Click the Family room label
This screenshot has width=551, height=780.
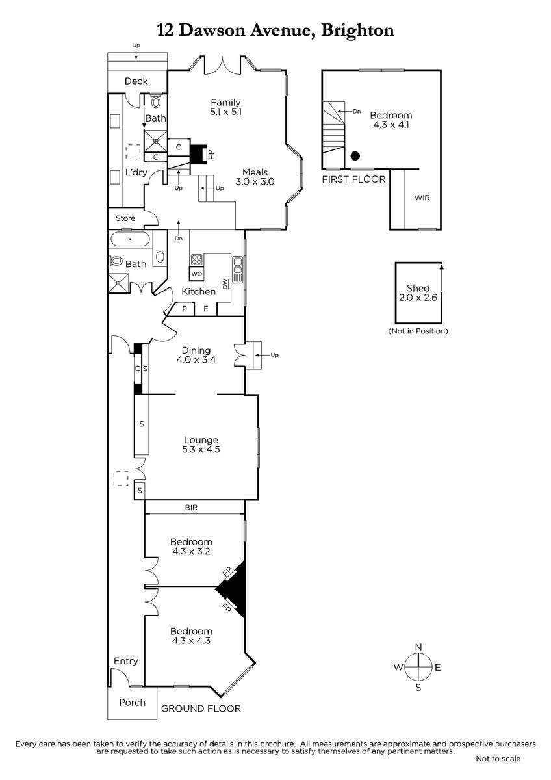(225, 107)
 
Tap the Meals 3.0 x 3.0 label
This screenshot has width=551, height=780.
(255, 177)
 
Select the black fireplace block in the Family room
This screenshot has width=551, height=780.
(198, 154)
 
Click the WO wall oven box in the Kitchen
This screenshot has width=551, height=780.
(197, 274)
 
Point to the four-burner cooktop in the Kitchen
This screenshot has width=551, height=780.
(197, 260)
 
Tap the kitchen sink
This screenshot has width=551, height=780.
(237, 270)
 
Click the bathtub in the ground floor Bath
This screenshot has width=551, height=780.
(130, 239)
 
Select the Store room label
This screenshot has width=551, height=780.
(125, 218)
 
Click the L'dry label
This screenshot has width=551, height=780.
(136, 172)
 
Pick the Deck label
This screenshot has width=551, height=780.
(136, 81)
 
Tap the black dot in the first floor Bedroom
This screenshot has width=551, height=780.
(355, 156)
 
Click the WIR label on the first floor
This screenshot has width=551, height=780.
(422, 198)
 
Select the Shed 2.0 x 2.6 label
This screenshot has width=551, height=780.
(418, 293)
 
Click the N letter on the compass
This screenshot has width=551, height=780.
(418, 647)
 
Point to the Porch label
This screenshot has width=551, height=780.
(132, 703)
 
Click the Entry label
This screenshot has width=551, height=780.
(125, 661)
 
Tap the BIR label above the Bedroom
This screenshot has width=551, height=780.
(191, 508)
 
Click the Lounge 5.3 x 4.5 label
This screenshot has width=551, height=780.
(201, 445)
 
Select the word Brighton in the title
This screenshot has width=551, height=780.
(357, 31)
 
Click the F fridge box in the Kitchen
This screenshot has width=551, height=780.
(206, 309)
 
